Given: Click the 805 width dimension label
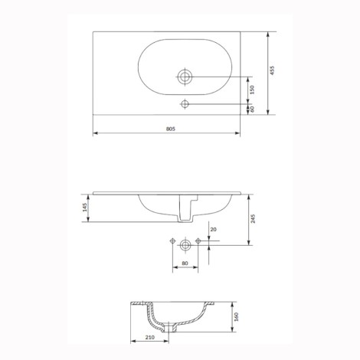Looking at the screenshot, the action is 171,129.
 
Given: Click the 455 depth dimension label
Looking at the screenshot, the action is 272,70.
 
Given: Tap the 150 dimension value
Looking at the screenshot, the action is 252,90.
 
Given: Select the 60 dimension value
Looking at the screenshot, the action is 252,109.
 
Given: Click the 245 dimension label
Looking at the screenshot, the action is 253,219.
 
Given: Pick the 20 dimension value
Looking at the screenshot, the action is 213,229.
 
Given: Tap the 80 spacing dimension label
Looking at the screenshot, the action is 185,263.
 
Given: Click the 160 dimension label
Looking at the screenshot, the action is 236,317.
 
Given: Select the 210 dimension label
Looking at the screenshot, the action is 150,337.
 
